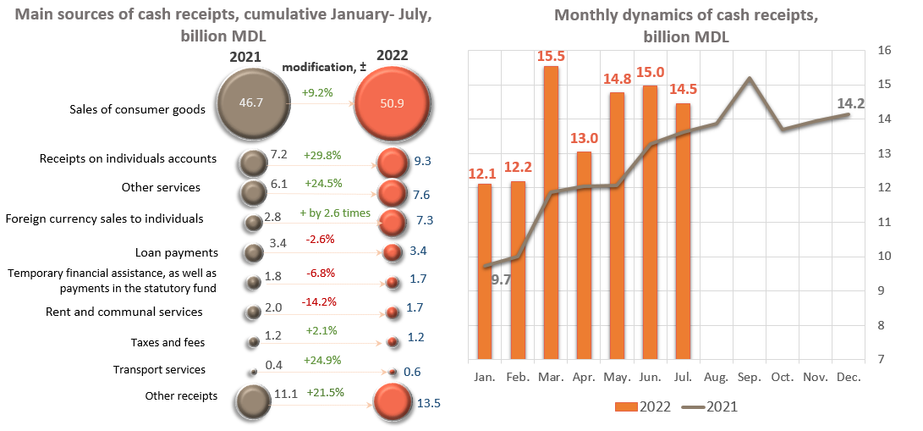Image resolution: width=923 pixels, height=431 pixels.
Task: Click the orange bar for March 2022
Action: [551, 212]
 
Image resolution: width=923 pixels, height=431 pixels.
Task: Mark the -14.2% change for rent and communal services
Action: [318, 301]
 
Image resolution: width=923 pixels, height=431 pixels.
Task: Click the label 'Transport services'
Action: [159, 369]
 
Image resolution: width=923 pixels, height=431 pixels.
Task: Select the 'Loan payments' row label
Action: [177, 252]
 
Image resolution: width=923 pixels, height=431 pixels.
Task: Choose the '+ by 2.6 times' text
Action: [335, 213]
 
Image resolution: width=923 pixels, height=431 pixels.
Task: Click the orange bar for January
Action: [485, 271]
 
